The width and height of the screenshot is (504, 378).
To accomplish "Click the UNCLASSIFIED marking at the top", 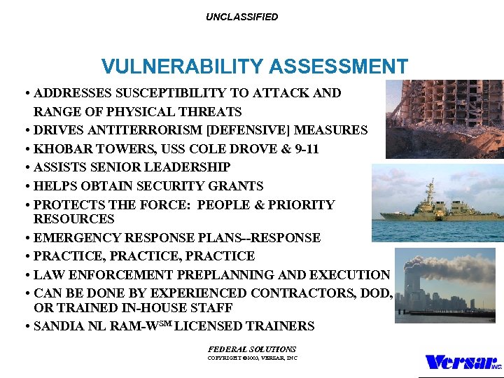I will [241, 17].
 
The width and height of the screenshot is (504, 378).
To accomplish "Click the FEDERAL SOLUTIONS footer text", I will [252, 349].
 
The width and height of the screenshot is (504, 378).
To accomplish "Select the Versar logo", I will [462, 362].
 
